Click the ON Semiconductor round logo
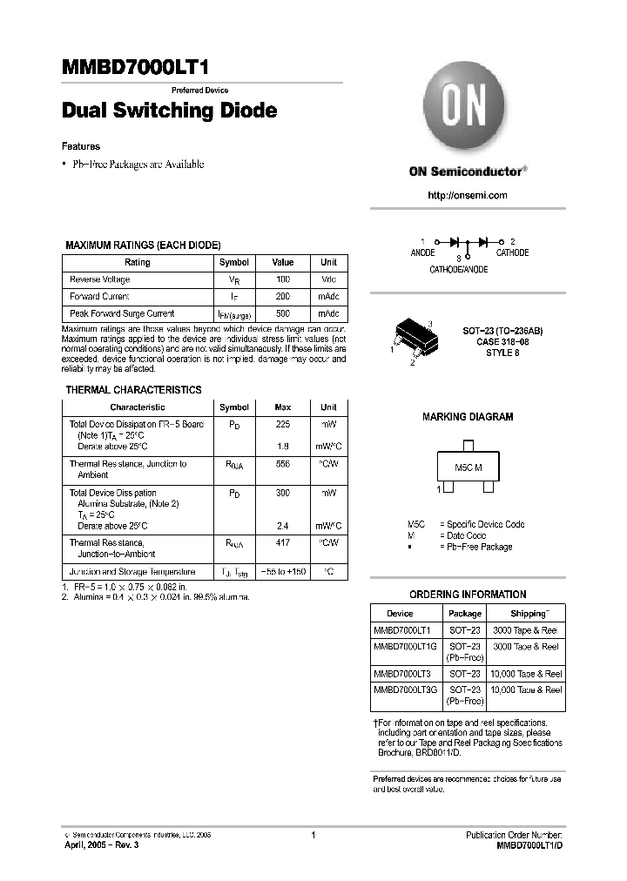[467, 110]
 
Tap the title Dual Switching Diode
[170, 111]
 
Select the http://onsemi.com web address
[468, 196]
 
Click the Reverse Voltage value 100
[283, 279]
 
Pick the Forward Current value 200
[283, 296]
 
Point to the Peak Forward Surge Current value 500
[283, 313]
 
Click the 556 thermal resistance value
[283, 465]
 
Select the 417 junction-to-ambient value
[283, 542]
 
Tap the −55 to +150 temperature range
[283, 572]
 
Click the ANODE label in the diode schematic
[423, 252]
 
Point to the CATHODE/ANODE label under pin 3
[459, 270]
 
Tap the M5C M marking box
[468, 468]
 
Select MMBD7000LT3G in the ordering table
[402, 689]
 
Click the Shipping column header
[529, 613]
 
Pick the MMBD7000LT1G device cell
[402, 647]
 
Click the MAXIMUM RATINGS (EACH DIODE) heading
[143, 245]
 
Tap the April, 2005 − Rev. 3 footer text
[101, 845]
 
